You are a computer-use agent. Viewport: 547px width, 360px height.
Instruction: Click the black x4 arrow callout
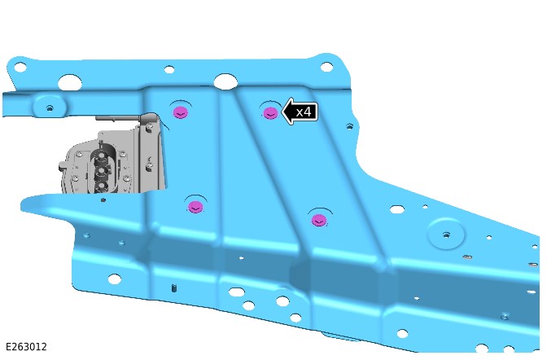tap(300, 112)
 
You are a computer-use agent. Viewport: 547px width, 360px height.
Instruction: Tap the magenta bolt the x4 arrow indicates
tap(270, 113)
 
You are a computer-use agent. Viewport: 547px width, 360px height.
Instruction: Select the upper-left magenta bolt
tap(181, 112)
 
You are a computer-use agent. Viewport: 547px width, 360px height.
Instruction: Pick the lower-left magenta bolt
tap(195, 207)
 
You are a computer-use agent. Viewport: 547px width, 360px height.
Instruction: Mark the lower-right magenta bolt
tap(319, 221)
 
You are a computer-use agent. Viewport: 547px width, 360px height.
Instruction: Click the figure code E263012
tap(26, 347)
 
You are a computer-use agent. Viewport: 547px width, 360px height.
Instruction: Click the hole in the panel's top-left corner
tap(20, 67)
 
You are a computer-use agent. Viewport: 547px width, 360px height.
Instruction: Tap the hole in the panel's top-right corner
tap(326, 67)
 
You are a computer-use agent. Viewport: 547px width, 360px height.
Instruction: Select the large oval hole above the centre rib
tap(225, 81)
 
